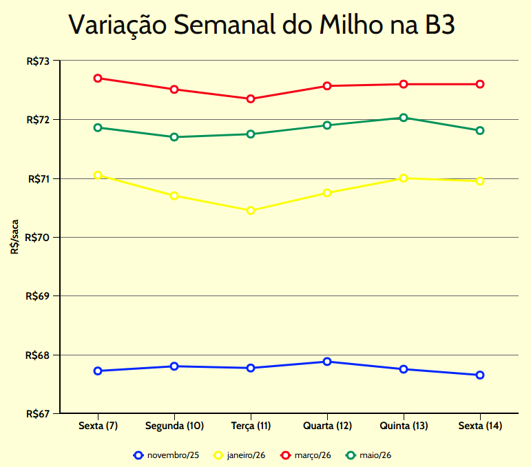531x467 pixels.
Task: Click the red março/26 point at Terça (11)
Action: point(251,98)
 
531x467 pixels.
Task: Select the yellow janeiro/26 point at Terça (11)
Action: point(251,210)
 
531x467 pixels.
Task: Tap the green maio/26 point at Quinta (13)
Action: point(404,118)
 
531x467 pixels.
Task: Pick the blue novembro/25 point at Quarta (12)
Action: point(327,362)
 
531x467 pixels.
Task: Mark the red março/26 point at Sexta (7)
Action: point(98,79)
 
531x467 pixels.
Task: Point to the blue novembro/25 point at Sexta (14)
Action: point(480,375)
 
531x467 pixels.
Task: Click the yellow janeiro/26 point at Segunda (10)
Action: point(174,196)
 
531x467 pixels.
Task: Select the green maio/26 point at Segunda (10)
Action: point(174,137)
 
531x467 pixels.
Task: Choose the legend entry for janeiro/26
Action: point(240,455)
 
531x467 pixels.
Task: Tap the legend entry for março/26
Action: point(306,455)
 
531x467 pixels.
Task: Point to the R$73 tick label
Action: point(39,61)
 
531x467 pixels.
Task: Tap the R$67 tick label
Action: point(39,414)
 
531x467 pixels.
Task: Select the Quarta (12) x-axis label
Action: point(327,426)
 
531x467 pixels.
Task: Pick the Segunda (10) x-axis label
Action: point(174,426)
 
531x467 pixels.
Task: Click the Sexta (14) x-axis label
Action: point(480,426)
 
